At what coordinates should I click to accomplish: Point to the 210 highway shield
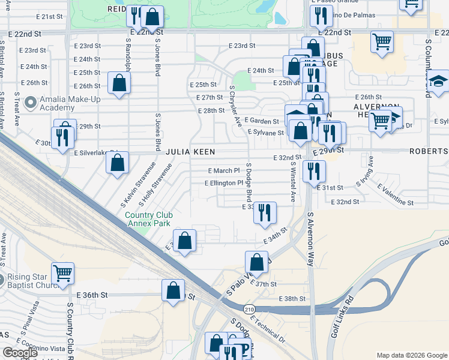click(249, 308)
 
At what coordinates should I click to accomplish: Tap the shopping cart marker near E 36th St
click(62, 273)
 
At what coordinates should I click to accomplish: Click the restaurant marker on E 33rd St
click(265, 212)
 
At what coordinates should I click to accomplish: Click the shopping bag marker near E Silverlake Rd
click(118, 162)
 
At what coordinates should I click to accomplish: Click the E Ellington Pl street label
click(224, 183)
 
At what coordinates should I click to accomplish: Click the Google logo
click(20, 353)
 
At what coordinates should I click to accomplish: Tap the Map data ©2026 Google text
click(412, 355)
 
